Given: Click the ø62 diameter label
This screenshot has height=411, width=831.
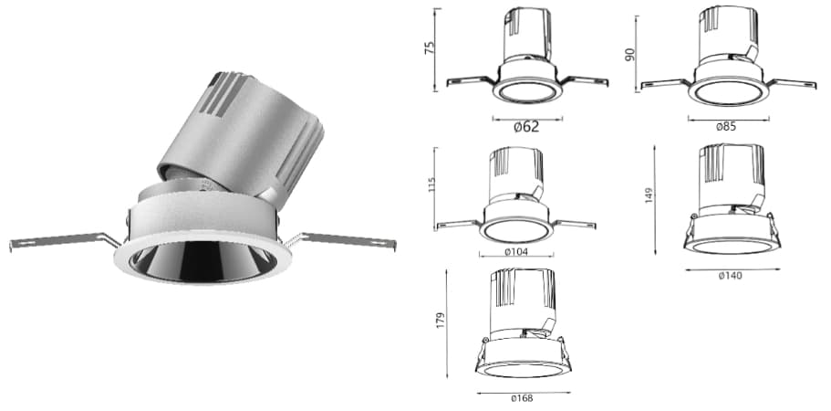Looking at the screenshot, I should (526, 127).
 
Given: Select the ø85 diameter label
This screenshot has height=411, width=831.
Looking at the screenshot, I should (726, 126).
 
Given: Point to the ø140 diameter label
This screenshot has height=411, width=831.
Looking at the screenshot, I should (730, 276).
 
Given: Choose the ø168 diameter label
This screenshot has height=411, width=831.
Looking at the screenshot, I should (522, 398).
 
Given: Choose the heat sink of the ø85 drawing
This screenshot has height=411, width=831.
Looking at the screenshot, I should (726, 32).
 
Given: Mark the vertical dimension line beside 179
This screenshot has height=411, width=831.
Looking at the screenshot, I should (448, 322).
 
